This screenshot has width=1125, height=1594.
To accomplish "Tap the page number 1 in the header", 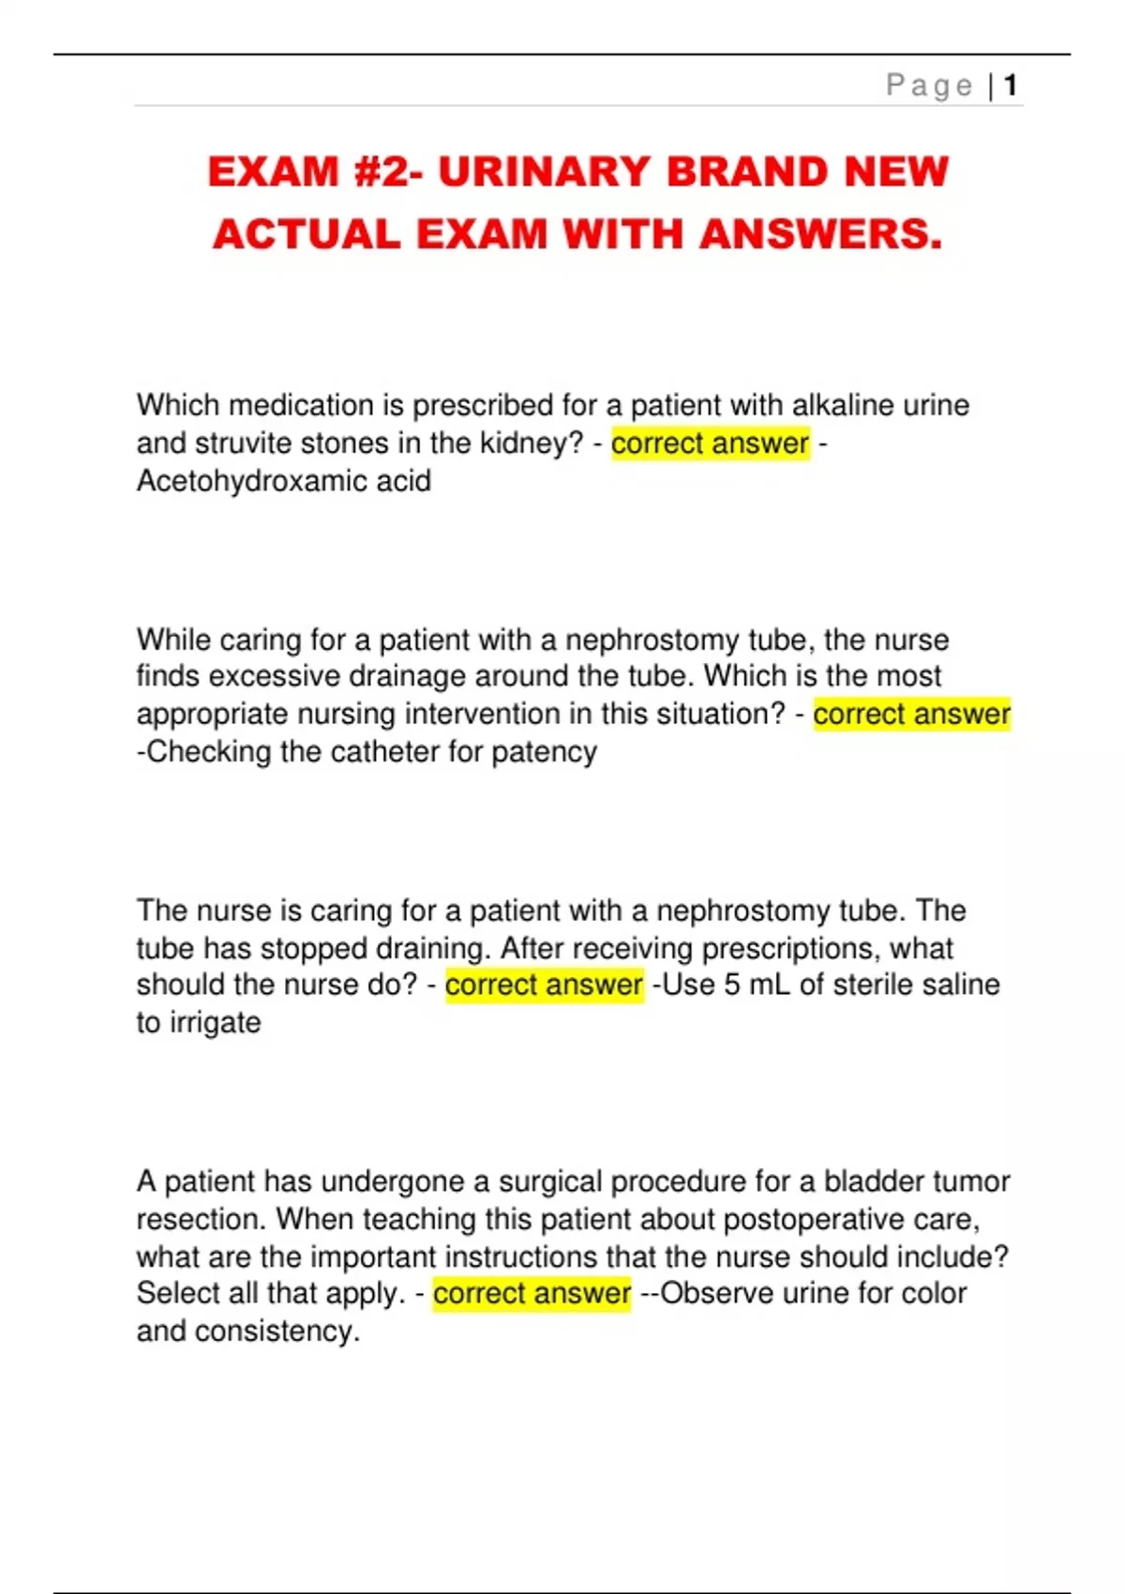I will click(1010, 86).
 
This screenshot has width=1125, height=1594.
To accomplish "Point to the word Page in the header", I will click(929, 86).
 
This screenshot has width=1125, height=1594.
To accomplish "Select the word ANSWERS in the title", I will click(820, 234).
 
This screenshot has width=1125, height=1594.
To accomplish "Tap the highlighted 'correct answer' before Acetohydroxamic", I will click(710, 444).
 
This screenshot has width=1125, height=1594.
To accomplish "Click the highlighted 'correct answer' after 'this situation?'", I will click(911, 714).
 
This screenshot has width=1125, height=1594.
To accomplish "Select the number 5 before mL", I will click(732, 985).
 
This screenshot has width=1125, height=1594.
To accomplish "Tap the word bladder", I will click(867, 1181).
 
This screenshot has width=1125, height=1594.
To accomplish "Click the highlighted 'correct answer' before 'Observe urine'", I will click(532, 1294).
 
